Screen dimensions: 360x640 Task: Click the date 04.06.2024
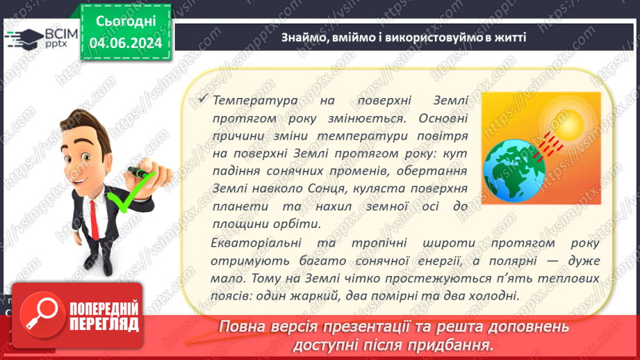click(126, 42)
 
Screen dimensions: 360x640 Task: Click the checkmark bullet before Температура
click(204, 100)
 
